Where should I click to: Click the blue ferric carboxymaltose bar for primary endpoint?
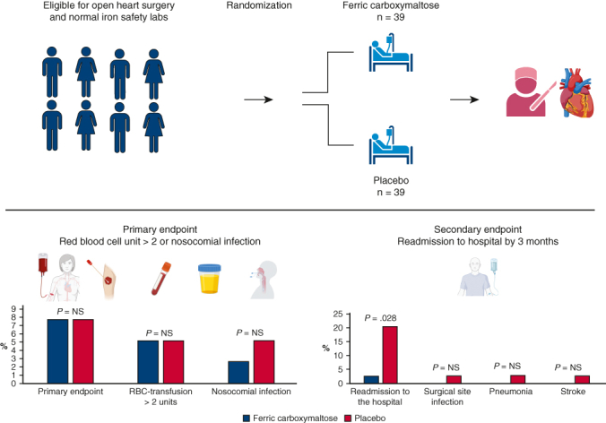pyautogui.click(x=57, y=351)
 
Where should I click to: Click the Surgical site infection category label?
pyautogui.click(x=434, y=397)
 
